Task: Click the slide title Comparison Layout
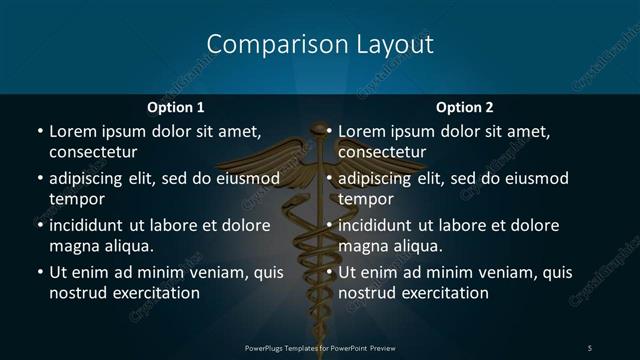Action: point(319,45)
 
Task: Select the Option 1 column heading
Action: point(176,107)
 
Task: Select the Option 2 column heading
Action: point(465,107)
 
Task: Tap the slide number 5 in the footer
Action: point(589,347)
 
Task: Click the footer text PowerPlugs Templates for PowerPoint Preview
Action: point(320,347)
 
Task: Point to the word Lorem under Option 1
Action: point(72,131)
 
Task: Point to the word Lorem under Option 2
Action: point(361,131)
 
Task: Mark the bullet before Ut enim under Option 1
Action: point(40,273)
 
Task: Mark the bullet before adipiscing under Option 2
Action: point(329,179)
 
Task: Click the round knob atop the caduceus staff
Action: point(319,129)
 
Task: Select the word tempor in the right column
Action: point(366,199)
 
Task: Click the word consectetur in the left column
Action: point(93,151)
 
